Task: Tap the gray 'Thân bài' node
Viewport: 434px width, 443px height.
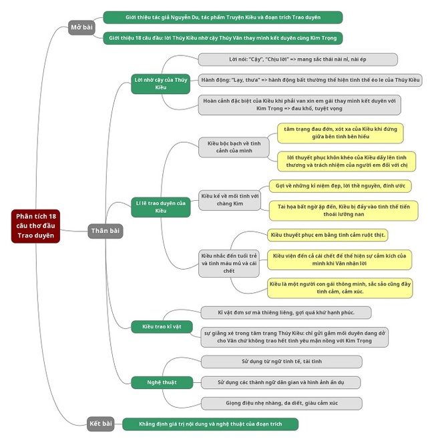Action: coord(105,231)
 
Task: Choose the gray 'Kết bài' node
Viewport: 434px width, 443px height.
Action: coord(101,423)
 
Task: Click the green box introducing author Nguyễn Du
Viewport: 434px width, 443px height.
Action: coord(222,17)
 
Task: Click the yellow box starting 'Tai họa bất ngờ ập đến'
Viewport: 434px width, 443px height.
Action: coord(343,211)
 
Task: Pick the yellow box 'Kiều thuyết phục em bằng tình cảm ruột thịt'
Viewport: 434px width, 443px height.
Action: coord(328,235)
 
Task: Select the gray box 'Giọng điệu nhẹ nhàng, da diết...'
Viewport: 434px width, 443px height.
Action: coord(281,403)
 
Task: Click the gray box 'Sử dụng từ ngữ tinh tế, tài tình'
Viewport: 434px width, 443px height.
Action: coord(281,361)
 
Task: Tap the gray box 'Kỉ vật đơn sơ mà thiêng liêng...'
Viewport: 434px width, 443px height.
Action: coord(285,312)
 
